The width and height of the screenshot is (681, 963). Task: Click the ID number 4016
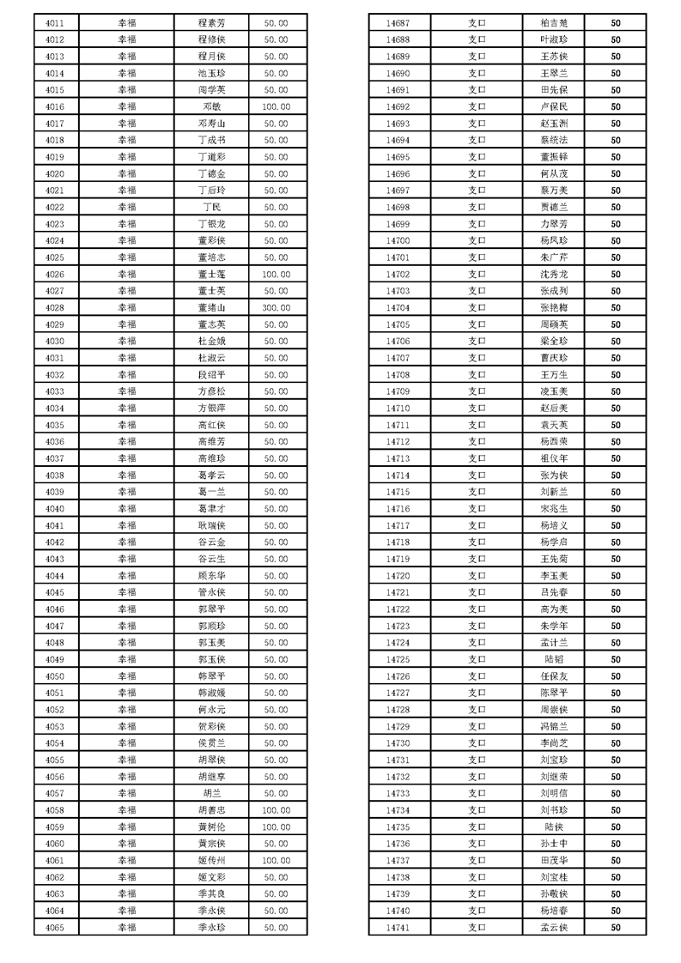(55, 106)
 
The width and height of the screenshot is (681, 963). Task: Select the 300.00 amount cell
(276, 307)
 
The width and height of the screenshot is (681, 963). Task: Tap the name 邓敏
(212, 106)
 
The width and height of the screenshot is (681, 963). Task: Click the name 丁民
(212, 207)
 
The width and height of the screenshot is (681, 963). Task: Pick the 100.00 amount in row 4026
(276, 274)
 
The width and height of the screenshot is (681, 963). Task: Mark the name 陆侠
(554, 827)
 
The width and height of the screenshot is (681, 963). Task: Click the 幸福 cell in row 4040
(126, 508)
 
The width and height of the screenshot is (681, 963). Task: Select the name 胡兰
(212, 793)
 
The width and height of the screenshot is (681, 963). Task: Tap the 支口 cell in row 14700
(477, 240)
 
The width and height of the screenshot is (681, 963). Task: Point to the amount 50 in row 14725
(616, 659)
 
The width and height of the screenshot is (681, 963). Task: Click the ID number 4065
(55, 927)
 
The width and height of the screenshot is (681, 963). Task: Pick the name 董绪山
(212, 307)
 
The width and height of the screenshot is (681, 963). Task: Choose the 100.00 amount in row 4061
(276, 860)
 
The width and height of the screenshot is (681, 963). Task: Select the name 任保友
(554, 675)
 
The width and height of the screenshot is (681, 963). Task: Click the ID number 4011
(55, 23)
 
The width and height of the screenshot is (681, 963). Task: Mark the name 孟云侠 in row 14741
(554, 927)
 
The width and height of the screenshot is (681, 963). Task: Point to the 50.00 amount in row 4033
(276, 391)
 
